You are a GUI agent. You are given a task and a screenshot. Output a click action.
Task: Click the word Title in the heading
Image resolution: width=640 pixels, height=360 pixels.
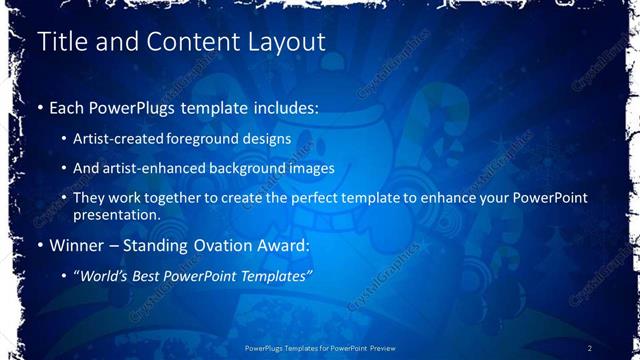(x=59, y=42)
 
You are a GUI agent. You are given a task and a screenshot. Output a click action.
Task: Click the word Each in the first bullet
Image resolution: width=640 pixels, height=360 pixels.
(x=68, y=107)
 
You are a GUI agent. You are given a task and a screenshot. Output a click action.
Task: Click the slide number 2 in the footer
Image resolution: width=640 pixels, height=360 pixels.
(x=590, y=347)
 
